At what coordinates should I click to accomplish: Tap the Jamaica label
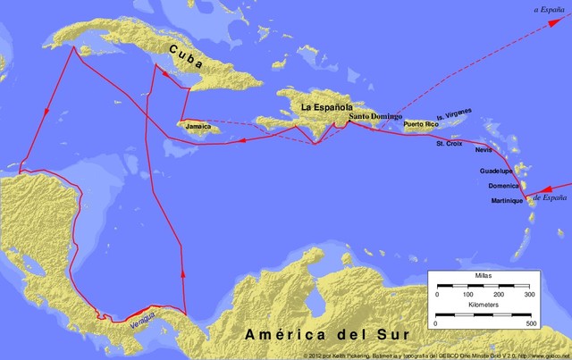click(198, 127)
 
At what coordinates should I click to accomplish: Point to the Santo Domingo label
click(375, 117)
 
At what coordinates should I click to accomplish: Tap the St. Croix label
click(450, 143)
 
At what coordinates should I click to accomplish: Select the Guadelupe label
click(496, 171)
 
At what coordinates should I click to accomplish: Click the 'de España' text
click(551, 196)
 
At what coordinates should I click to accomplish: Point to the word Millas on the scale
click(483, 278)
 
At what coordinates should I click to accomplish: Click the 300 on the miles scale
click(528, 294)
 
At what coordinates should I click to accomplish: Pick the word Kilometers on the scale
click(484, 305)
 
